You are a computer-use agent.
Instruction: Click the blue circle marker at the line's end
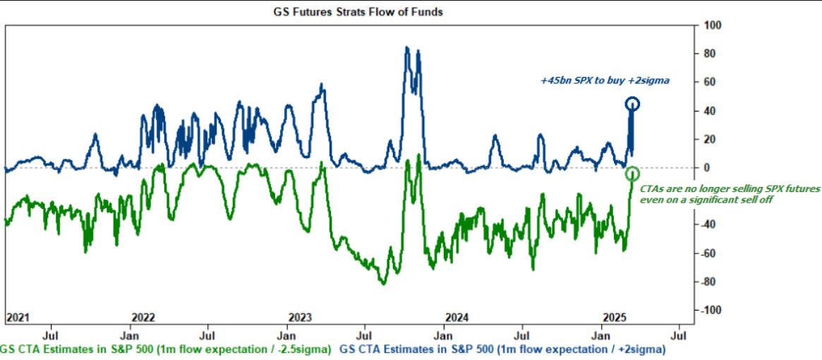632,104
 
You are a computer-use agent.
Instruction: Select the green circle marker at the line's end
632,174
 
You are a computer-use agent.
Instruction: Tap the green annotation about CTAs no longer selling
730,194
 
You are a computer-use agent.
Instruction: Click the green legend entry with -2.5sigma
165,349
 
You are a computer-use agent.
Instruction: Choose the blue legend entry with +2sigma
503,349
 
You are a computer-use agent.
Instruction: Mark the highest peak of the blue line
407,47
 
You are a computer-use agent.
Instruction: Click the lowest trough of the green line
383,284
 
